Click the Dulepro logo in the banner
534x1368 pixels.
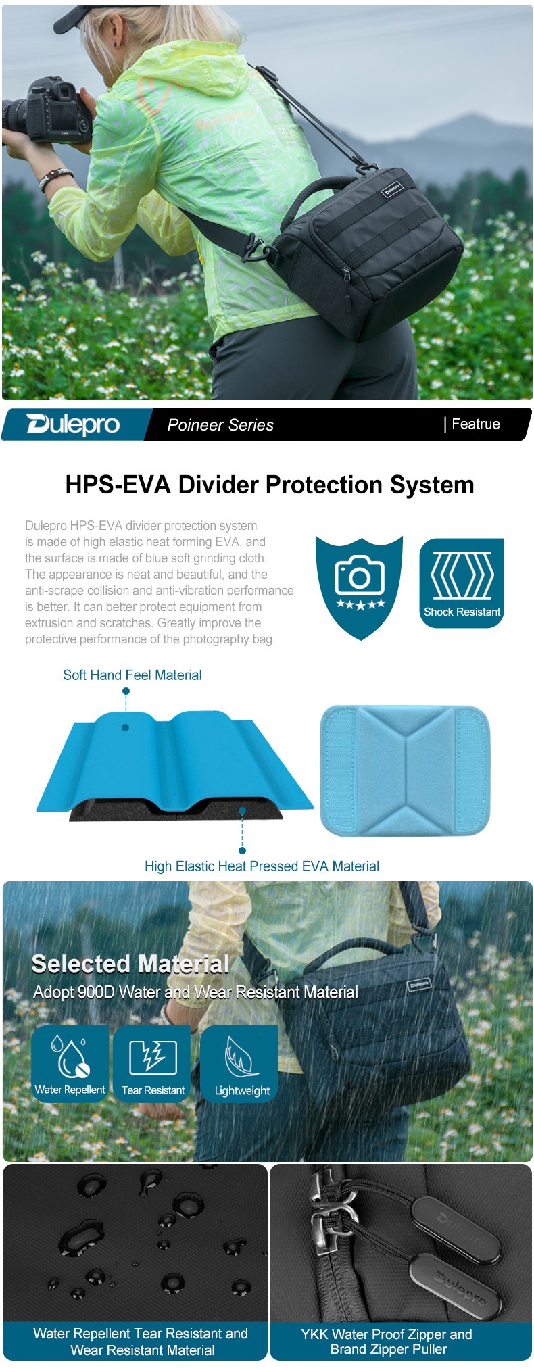coord(73,424)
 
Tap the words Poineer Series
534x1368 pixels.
coord(220,425)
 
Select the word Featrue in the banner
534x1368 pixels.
coord(476,424)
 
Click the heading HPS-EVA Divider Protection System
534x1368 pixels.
coord(269,485)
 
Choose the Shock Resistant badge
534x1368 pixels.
coord(462,583)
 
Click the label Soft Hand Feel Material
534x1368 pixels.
coord(132,675)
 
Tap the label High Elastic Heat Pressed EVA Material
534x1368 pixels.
coord(262,866)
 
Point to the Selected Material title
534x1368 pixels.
coord(130,964)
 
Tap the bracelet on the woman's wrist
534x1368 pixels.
coord(55,178)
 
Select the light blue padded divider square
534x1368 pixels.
coord(404,770)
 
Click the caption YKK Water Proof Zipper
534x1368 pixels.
coord(387,1342)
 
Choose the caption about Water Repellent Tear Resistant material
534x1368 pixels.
coord(141,1342)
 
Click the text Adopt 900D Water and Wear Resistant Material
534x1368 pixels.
coord(196,992)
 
